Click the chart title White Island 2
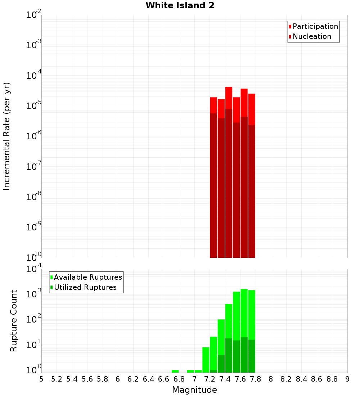coord(180,6)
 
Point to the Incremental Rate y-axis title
coord(7,136)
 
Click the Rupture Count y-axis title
coord(14,321)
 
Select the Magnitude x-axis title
coord(194,390)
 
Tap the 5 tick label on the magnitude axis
coord(41,379)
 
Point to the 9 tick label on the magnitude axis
coord(347,379)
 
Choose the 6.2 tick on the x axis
coord(133,379)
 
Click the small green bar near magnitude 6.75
coord(175,371)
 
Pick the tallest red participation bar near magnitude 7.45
coord(229,97)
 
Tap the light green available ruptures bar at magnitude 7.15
coord(206,360)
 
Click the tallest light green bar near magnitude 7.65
coord(244,313)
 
